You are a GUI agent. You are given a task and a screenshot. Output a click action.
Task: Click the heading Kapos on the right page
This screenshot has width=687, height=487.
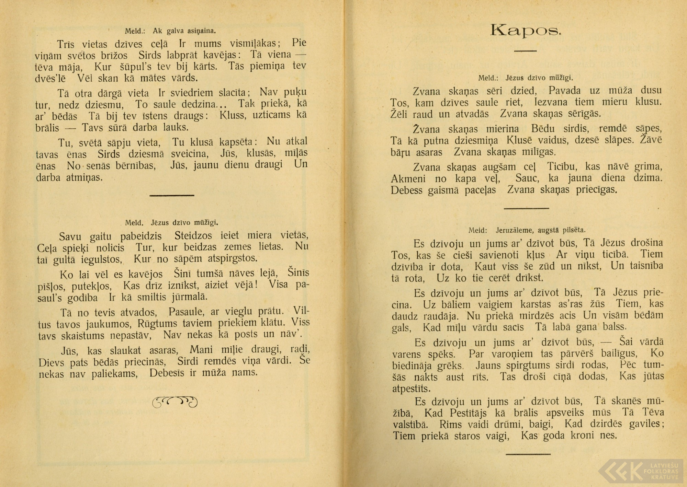pyautogui.click(x=526, y=31)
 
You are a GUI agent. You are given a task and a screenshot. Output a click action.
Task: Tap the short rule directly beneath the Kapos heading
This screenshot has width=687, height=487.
pyautogui.click(x=525, y=51)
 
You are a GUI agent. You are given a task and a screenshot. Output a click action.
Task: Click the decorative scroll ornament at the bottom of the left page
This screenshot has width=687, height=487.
pyautogui.click(x=175, y=401)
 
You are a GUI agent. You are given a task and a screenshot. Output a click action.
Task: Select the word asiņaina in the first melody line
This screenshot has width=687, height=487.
pyautogui.click(x=201, y=31)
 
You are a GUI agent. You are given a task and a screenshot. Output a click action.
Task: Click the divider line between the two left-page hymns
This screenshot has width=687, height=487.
pyautogui.click(x=172, y=195)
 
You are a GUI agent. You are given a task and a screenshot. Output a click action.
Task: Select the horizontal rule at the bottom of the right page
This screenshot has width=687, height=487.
pyautogui.click(x=528, y=454)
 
